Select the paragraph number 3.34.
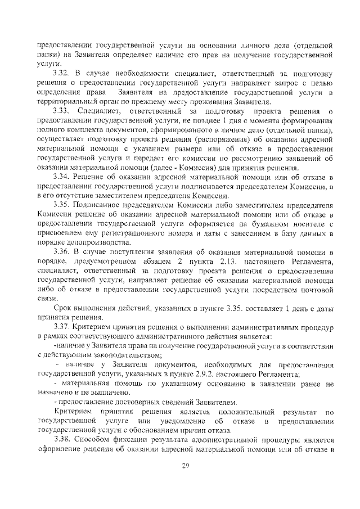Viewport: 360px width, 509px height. (x=62, y=178)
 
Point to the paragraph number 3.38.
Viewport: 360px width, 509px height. (x=62, y=439)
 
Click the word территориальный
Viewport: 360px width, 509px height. (x=67, y=102)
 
